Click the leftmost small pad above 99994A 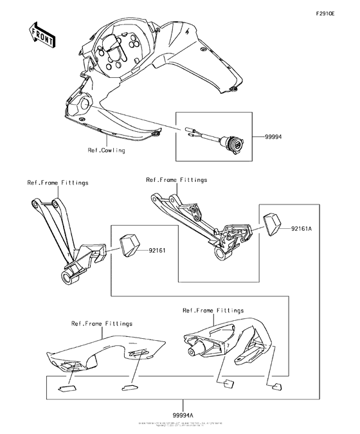click(x=66, y=388)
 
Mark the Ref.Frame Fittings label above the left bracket click(x=58, y=183)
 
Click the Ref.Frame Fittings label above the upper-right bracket click(x=177, y=180)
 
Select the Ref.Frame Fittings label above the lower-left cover click(x=102, y=323)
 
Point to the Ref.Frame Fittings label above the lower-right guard click(x=213, y=311)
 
